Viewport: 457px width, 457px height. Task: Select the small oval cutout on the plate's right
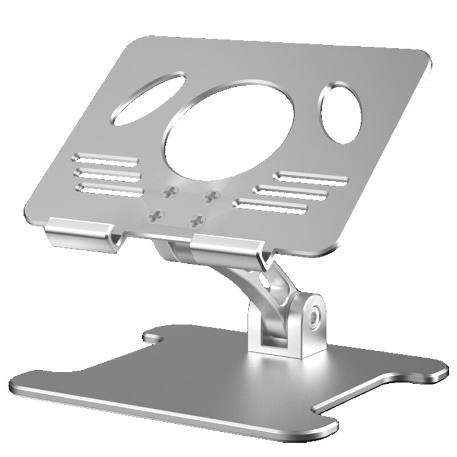(x=341, y=113)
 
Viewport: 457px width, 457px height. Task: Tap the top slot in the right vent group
(x=311, y=178)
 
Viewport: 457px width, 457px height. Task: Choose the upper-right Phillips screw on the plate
(x=213, y=195)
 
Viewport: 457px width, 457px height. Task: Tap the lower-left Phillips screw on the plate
(x=155, y=215)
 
